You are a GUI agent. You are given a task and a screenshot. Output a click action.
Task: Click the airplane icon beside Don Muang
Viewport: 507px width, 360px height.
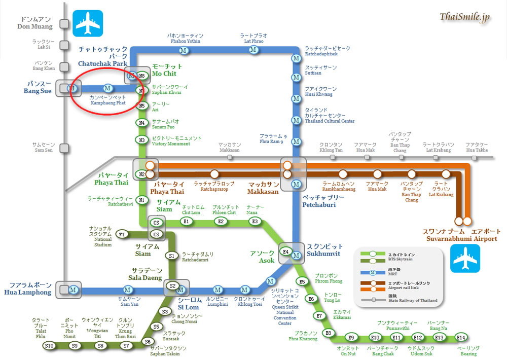(88, 22)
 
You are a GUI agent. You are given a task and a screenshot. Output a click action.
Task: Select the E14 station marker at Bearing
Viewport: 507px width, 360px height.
(460, 337)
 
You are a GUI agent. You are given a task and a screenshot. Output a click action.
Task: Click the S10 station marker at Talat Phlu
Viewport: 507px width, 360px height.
(49, 346)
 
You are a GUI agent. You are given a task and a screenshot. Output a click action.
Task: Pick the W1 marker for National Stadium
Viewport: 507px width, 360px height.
(121, 234)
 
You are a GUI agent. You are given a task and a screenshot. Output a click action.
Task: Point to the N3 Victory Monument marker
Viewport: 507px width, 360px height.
(142, 140)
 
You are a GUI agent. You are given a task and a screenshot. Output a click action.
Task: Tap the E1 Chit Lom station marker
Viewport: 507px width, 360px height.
(186, 221)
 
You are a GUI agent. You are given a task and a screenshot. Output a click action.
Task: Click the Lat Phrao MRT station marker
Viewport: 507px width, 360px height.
(253, 50)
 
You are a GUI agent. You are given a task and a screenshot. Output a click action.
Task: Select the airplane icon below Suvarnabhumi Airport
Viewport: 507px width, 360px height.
(465, 258)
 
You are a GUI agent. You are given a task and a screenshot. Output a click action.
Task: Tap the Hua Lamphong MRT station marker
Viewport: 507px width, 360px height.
(73, 290)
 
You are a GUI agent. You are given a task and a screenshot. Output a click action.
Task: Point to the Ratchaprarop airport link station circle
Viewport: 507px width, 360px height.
(215, 174)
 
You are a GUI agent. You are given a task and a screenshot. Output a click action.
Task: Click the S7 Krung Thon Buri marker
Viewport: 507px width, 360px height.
(127, 346)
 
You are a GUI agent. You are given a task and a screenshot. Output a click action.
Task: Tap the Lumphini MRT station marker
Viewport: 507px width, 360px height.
(218, 290)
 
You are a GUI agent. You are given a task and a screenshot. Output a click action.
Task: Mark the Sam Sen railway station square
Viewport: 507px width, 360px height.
(64, 148)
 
